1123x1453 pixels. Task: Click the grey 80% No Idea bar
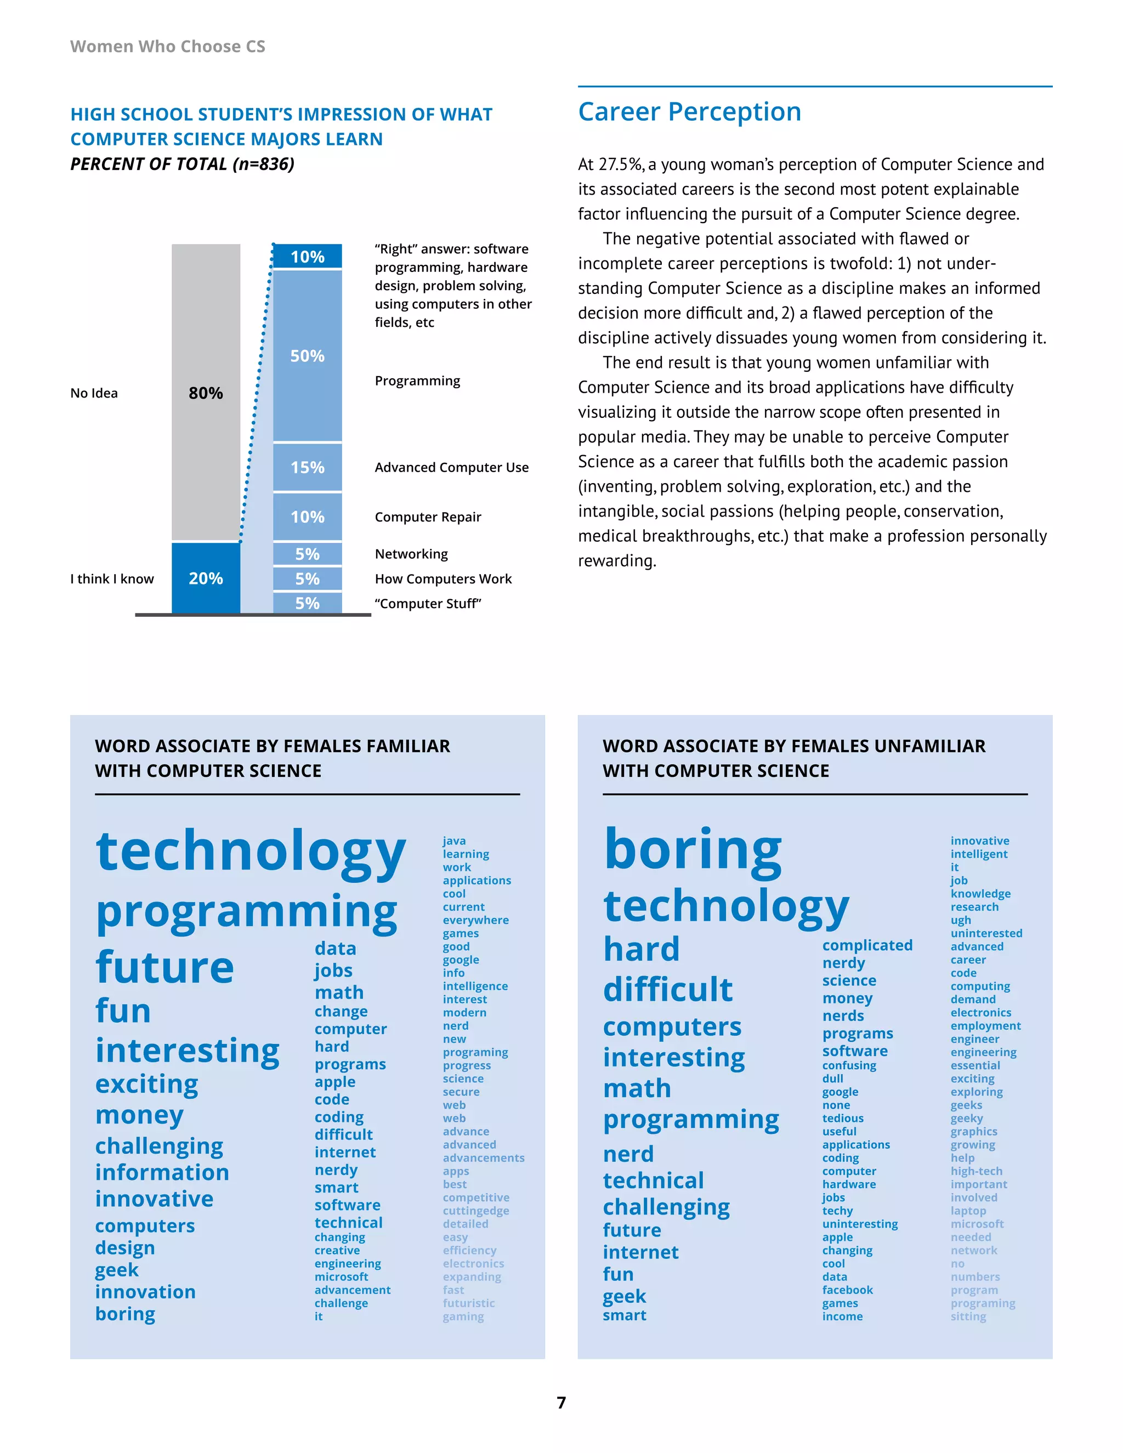206,393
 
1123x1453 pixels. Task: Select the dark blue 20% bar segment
206,578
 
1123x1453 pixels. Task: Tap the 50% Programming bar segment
308,356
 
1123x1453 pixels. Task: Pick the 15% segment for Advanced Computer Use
308,467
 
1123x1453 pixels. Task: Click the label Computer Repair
428,517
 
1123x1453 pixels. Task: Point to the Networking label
411,554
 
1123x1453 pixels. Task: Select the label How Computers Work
443,579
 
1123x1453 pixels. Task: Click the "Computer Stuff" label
428,604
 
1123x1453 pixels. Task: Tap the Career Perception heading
689,112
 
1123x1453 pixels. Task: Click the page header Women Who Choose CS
168,47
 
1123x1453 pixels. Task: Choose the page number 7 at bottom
561,1403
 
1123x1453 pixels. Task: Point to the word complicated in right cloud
867,945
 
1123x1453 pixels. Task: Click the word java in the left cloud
455,841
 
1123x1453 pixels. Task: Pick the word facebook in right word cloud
847,1290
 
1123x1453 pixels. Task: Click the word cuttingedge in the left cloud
475,1210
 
